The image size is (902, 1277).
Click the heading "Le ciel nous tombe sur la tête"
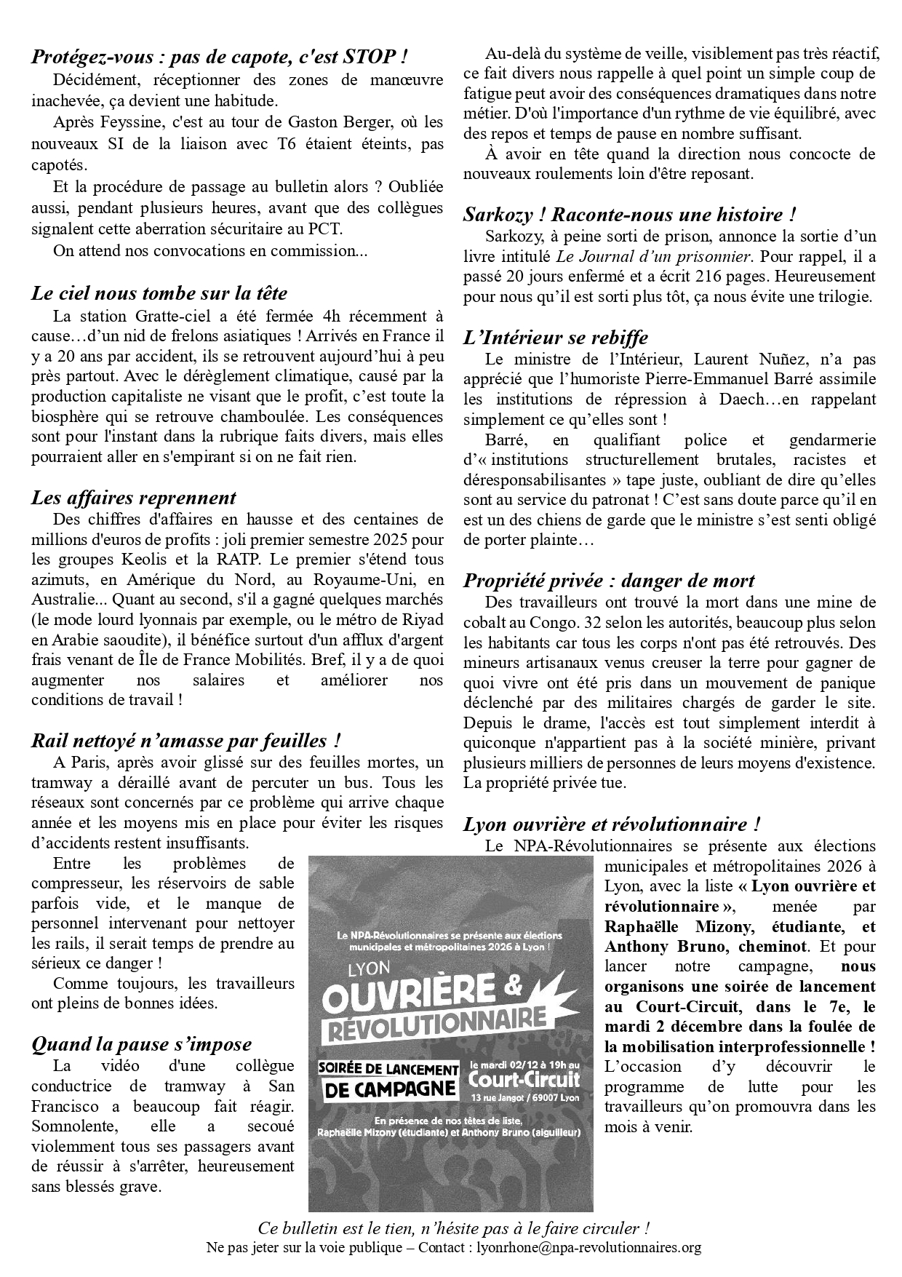(159, 293)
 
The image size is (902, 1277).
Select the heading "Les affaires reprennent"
(134, 498)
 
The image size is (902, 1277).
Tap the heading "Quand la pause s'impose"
(142, 1044)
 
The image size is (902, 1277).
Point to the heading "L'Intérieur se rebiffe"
(556, 338)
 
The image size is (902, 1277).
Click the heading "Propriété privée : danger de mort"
(609, 581)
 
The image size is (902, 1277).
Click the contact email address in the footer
(588, 1247)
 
